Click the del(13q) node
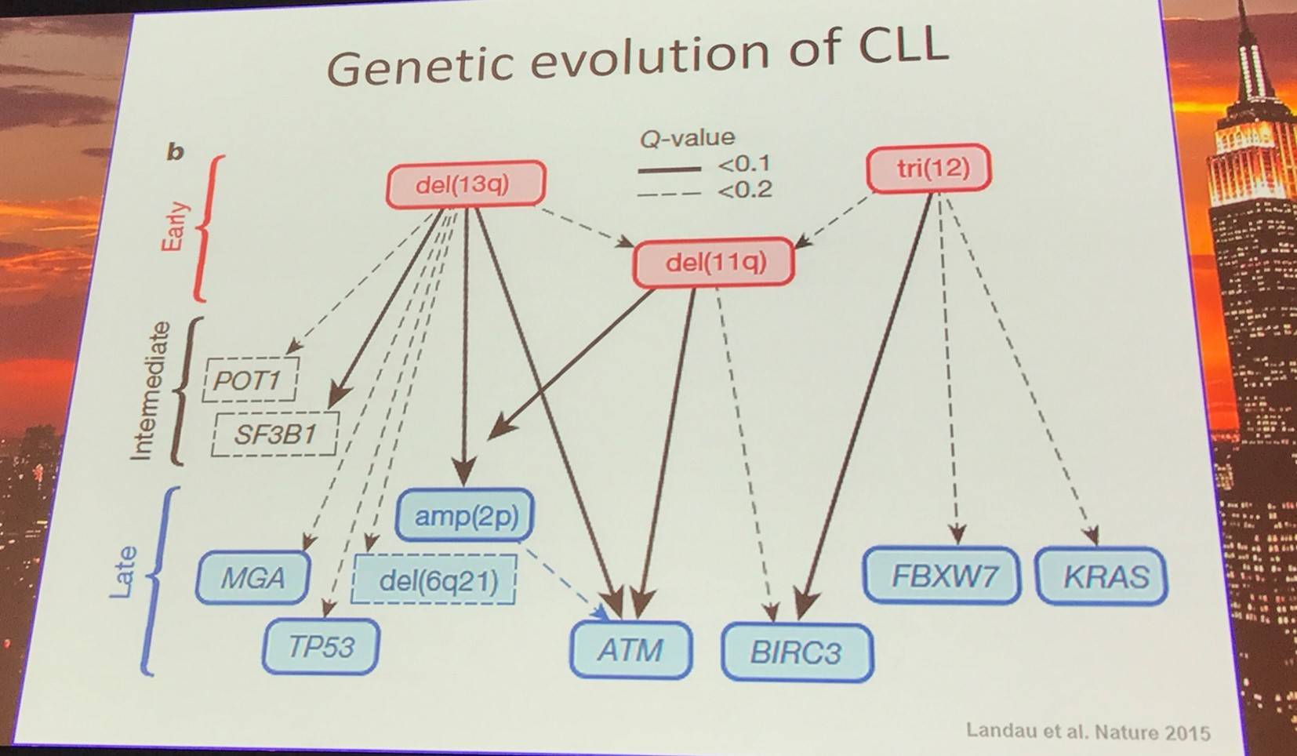466,184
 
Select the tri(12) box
928,168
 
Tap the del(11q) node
714,263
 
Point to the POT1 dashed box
250,380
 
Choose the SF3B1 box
275,434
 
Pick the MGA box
252,578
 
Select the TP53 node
321,646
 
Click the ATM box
631,650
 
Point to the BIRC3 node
797,652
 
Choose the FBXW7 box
942,576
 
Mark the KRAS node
1101,576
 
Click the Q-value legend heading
687,138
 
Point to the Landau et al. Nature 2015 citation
1088,731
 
